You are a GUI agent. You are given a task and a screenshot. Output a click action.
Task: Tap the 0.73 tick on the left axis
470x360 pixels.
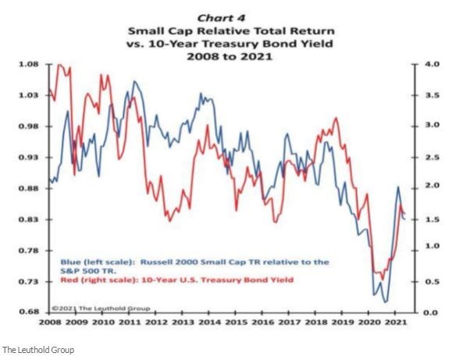(x=29, y=281)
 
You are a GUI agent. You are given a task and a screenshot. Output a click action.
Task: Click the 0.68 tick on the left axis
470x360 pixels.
(x=29, y=312)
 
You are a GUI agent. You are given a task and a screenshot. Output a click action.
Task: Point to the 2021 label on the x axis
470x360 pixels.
(x=397, y=321)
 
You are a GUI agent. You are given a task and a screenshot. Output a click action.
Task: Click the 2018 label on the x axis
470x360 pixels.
(x=317, y=321)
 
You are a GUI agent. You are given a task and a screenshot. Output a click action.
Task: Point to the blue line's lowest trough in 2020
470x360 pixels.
(x=384, y=301)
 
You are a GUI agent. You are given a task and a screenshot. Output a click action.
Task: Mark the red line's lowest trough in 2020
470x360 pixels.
(x=379, y=276)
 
